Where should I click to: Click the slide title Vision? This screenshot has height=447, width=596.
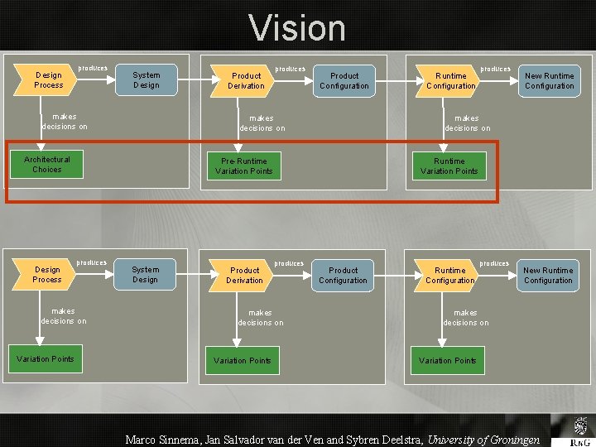point(297,28)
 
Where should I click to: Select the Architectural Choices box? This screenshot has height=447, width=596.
point(47,165)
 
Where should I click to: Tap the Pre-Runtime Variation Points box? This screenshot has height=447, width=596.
point(243,166)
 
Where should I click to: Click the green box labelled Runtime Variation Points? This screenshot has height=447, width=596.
point(449,166)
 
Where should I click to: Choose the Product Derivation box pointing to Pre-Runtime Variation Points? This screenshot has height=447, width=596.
point(246,80)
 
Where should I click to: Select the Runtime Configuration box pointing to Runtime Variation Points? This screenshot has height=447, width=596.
point(450,80)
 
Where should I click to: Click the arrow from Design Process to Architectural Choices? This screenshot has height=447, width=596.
point(41,124)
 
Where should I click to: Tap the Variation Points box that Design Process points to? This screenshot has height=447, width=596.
point(46,359)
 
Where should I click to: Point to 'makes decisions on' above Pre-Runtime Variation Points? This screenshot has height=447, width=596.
point(262,123)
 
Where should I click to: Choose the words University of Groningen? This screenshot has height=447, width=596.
point(483,440)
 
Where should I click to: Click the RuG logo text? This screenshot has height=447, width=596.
point(583,441)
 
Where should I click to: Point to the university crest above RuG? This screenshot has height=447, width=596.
point(582,426)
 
